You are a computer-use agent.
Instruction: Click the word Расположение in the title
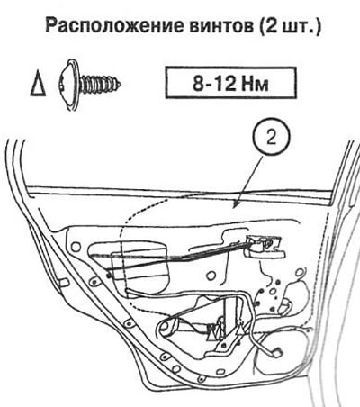pyautogui.click(x=113, y=25)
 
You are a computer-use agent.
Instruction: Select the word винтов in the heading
pyautogui.click(x=220, y=25)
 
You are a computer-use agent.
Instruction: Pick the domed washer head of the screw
pyautogui.click(x=68, y=85)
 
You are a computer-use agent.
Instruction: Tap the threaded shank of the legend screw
pyautogui.click(x=101, y=85)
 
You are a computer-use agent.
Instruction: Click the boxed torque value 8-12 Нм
pyautogui.click(x=230, y=83)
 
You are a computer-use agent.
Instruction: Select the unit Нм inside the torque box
pyautogui.click(x=254, y=84)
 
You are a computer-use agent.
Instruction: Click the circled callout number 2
pyautogui.click(x=271, y=139)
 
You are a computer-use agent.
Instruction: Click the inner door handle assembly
pyautogui.click(x=263, y=247)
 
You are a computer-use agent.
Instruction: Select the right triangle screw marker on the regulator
pyautogui.click(x=240, y=329)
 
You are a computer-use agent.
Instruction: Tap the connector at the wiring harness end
pyautogui.click(x=277, y=353)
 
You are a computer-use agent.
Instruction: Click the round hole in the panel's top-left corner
pyautogui.click(x=76, y=247)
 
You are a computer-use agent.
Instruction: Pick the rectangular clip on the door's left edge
pyautogui.click(x=65, y=283)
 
